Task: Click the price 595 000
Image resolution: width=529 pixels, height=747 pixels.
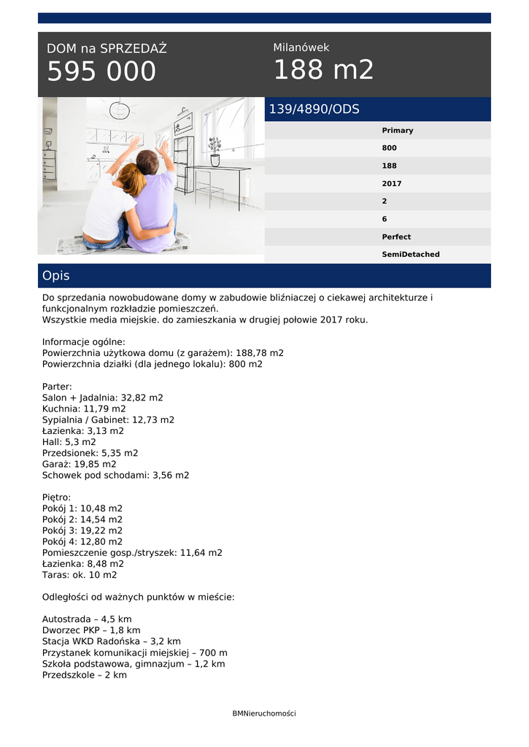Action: [x=101, y=71]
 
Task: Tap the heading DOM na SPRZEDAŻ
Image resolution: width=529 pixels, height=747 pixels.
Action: [x=107, y=49]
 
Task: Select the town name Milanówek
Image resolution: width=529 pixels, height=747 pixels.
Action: [x=301, y=47]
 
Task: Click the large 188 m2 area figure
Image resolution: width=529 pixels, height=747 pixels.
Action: [x=323, y=70]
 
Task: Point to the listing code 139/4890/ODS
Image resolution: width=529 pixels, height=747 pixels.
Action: [x=314, y=109]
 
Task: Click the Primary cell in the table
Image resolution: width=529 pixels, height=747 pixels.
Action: [x=397, y=131]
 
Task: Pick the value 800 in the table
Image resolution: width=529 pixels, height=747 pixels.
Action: [x=389, y=148]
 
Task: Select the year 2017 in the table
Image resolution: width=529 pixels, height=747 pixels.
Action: [x=391, y=184]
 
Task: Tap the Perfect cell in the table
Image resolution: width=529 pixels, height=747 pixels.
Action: [x=395, y=237]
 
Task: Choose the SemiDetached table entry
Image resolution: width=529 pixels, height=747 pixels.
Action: [x=410, y=255]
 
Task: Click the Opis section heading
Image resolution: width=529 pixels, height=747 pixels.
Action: [x=56, y=276]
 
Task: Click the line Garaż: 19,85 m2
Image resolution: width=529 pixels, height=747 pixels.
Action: [x=79, y=464]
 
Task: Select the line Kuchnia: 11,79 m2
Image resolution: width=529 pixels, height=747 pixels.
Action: [x=84, y=409]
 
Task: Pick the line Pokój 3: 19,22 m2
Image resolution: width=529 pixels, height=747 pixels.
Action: [x=82, y=530]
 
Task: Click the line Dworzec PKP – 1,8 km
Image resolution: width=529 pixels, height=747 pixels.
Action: [x=91, y=630]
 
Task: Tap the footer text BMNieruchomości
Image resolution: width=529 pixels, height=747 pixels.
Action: [x=264, y=713]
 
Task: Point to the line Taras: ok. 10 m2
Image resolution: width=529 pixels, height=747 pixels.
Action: [x=80, y=575]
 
